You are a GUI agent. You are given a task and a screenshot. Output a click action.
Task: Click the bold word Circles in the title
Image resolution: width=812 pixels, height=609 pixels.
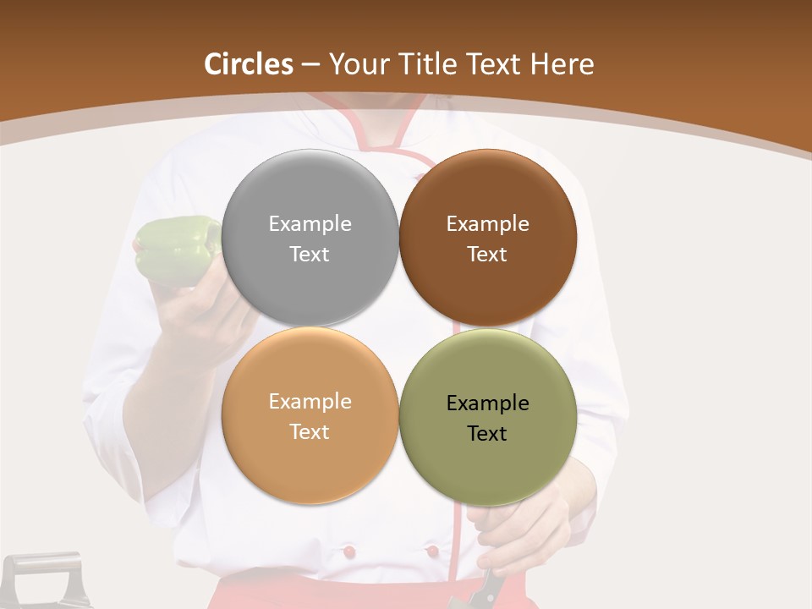coord(248,64)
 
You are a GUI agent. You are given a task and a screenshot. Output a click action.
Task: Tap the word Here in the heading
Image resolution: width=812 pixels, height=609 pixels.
coord(562,64)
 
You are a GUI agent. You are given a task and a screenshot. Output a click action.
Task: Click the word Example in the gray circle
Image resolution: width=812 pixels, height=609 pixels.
coord(310,224)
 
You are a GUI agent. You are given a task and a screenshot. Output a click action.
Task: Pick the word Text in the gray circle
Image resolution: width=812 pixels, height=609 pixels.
coord(310,255)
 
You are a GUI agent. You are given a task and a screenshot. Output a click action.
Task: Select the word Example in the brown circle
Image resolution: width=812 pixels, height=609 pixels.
coord(487,224)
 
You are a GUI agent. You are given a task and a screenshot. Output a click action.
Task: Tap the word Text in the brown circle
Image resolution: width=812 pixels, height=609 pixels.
coord(487,255)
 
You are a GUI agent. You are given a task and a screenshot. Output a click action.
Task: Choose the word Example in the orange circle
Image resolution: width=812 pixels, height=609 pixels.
coord(310,402)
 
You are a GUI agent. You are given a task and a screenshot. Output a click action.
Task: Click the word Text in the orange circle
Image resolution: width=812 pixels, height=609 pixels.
coord(310,432)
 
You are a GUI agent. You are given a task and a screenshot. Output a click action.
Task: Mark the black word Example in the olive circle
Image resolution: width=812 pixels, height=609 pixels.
coord(487,403)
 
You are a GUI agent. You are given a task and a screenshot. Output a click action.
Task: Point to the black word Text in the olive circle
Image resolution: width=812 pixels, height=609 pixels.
coord(487,434)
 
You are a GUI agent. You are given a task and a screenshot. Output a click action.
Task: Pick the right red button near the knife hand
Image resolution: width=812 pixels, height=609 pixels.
coord(432,551)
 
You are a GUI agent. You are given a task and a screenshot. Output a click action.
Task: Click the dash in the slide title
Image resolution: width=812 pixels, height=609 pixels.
coord(310,64)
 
